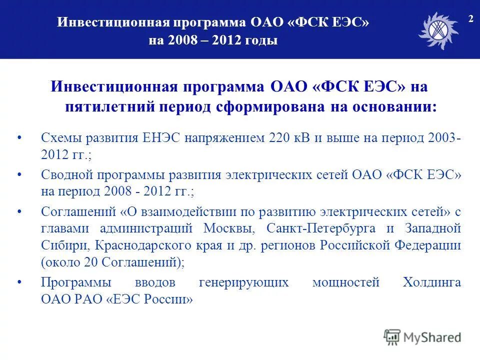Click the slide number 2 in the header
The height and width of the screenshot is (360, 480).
470,19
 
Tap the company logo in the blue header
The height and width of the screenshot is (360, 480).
438,30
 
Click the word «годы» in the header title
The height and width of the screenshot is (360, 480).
261,40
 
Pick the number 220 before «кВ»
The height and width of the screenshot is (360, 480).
279,138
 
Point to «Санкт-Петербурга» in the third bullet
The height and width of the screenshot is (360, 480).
314,228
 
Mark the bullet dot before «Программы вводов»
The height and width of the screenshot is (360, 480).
19,282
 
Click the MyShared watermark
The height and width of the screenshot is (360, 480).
423,337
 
